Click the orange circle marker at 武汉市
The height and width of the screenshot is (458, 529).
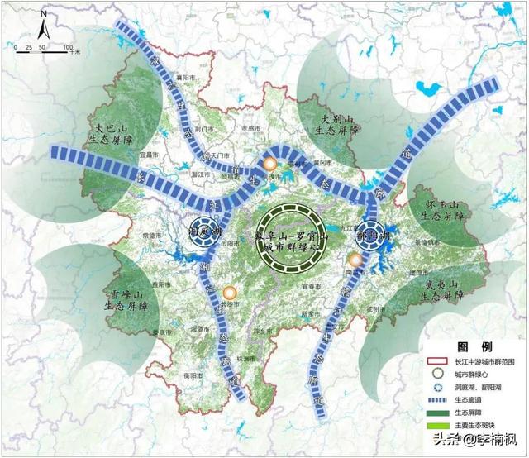(270, 165)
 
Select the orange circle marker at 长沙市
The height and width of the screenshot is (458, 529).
(229, 293)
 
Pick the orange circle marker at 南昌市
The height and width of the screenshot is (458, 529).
(355, 260)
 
